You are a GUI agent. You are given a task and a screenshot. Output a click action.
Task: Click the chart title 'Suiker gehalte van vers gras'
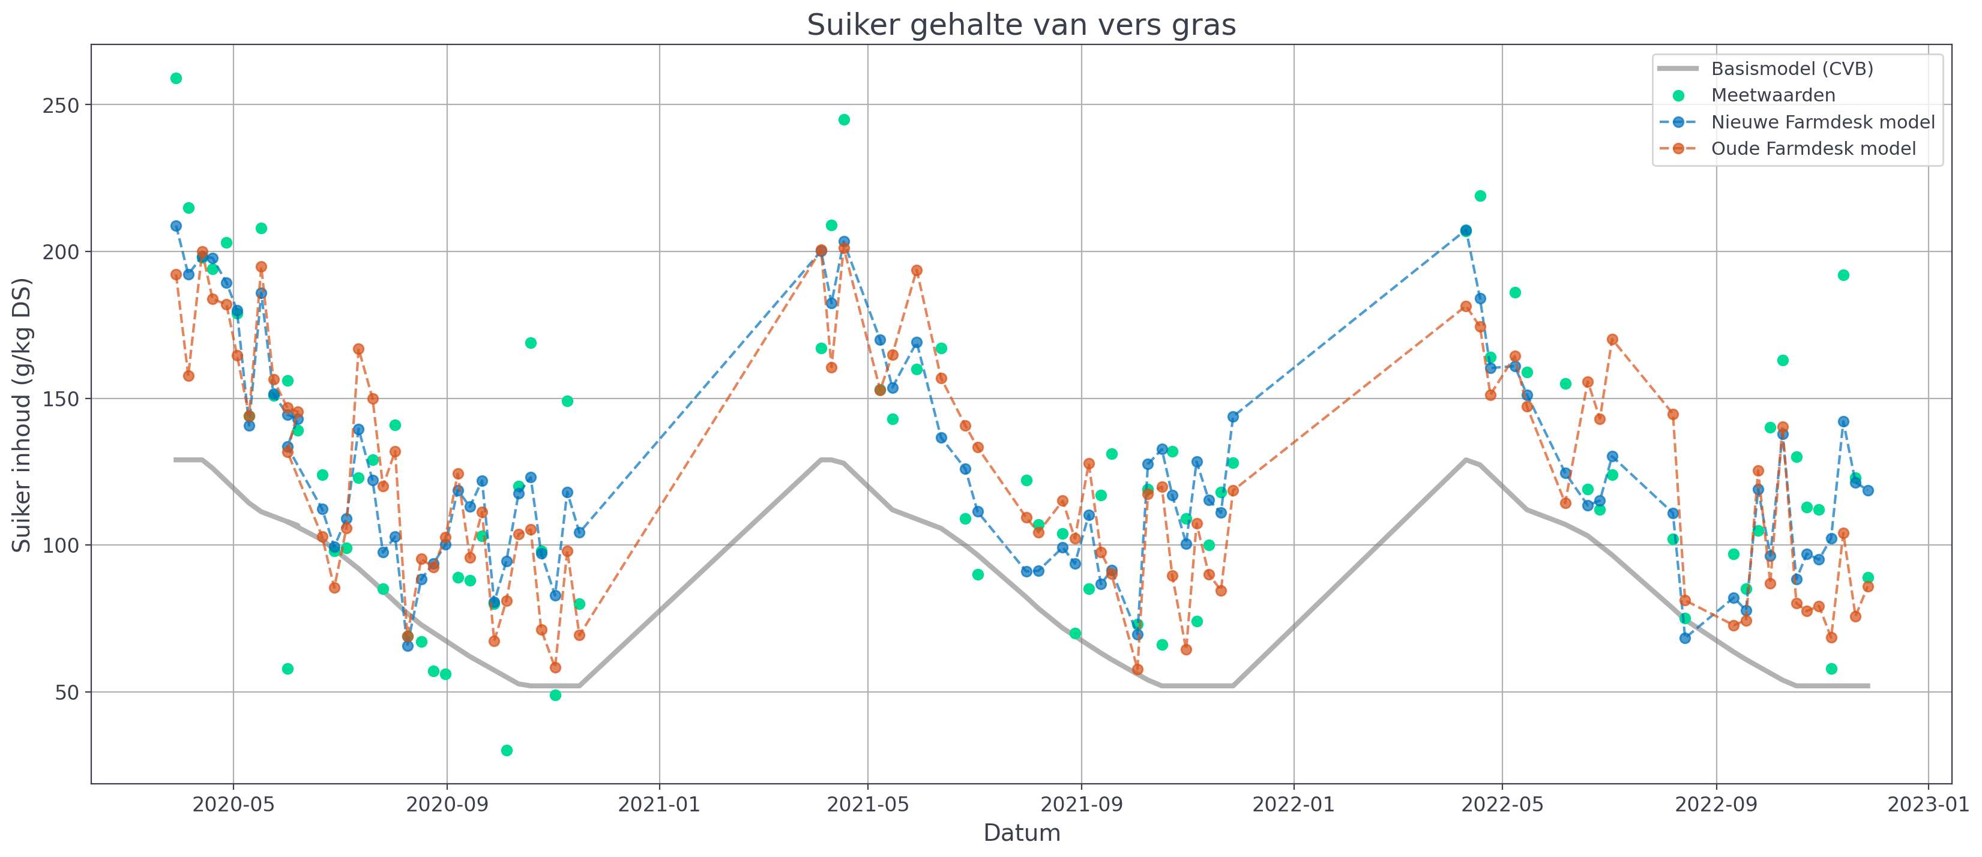(x=1021, y=25)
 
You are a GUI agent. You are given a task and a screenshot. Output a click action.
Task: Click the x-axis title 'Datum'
(x=1021, y=833)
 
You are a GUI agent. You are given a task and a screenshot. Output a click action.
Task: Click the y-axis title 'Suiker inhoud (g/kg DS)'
(x=22, y=415)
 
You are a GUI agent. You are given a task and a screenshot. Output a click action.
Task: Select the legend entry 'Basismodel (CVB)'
(x=1791, y=69)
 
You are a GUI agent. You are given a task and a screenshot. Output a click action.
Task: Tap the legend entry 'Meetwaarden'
(x=1773, y=95)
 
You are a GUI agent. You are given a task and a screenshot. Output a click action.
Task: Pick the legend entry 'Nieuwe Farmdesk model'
(x=1822, y=122)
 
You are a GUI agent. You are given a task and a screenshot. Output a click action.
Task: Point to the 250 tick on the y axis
(x=62, y=106)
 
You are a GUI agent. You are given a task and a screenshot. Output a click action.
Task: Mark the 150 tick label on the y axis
(x=62, y=399)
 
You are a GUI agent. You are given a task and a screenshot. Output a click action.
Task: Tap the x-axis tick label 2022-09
(x=1715, y=805)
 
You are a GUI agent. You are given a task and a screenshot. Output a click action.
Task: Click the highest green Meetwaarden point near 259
(x=176, y=79)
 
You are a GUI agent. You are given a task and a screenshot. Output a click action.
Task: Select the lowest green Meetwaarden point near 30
(x=506, y=751)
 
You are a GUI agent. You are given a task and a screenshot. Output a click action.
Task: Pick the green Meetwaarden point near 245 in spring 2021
(x=844, y=120)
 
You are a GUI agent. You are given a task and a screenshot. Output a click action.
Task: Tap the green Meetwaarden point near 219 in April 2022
(x=1480, y=196)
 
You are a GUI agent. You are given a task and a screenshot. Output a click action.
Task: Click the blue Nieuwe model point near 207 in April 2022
(x=1466, y=231)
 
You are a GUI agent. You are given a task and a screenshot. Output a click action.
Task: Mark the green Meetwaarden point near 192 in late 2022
(x=1843, y=275)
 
